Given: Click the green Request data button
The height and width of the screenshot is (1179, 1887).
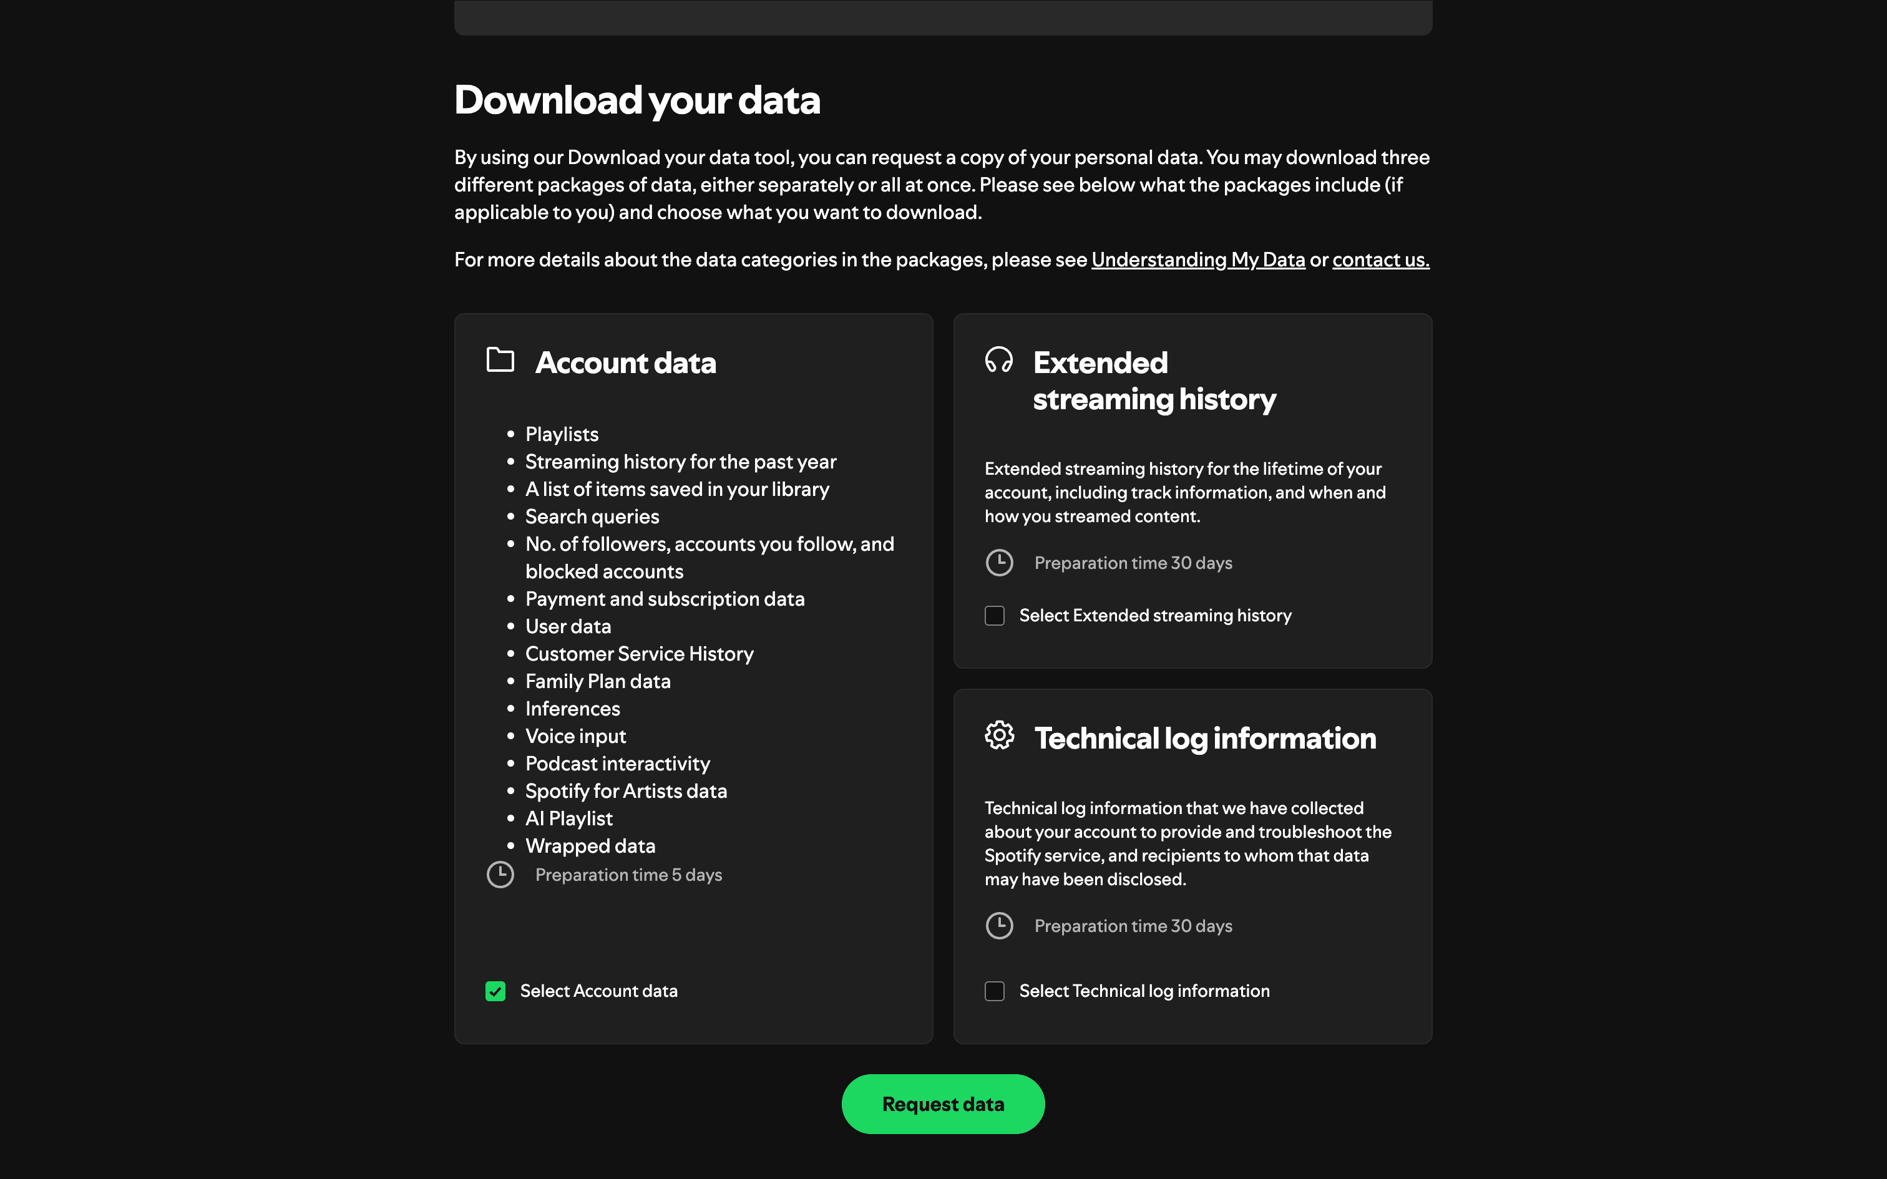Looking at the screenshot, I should coord(943,1104).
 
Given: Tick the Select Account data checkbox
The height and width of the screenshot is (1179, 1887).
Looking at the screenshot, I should coord(495,991).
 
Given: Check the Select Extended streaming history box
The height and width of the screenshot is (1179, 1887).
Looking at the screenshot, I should coord(994,616).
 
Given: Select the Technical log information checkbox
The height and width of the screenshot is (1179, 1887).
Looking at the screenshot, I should coord(994,991).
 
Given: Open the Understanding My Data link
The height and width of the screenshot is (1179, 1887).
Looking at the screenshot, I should coord(1197,260).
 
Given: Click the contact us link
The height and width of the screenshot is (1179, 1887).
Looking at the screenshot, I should coord(1380,260).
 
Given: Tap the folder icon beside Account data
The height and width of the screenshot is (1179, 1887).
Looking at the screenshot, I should coord(500,361).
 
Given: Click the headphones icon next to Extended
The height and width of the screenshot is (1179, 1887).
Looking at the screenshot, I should coord(999,361).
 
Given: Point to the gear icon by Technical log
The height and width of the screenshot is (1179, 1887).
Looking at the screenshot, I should coord(999,735).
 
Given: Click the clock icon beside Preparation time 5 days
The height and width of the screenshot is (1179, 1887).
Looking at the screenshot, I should coord(500,875).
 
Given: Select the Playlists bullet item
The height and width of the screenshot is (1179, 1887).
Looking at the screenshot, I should coord(562,434).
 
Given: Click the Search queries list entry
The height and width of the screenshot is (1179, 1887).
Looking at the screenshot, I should coord(592,517).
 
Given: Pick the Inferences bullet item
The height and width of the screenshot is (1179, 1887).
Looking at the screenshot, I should coord(572,709).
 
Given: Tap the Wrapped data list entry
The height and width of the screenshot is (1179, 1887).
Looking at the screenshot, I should coord(590,846).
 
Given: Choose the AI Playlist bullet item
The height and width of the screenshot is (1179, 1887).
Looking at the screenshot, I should coord(568,818).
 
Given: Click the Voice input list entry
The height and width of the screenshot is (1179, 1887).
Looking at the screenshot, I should coord(575,736).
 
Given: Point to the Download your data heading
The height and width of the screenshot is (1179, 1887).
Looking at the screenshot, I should coord(637,100).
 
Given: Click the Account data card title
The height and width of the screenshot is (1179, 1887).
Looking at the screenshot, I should coord(625,363).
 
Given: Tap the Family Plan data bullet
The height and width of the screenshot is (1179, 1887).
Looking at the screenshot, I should coord(597,681).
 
